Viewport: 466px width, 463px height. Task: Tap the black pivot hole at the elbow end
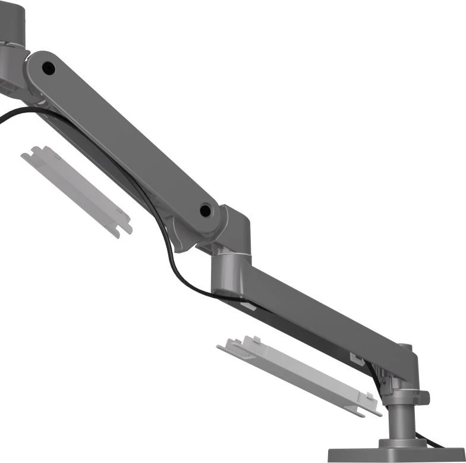pos(206,210)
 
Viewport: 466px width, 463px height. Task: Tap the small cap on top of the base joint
pos(404,347)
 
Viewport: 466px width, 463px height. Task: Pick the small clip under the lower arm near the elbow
pos(248,306)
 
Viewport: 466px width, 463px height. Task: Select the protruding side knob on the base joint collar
pos(424,397)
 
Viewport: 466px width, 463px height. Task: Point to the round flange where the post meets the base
pos(404,442)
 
